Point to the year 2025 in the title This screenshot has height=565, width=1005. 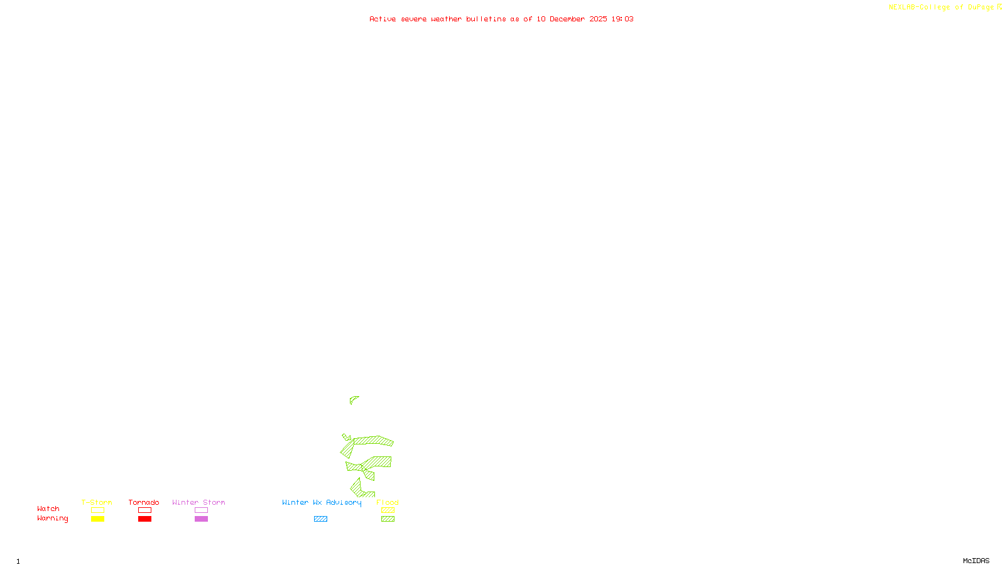pos(598,19)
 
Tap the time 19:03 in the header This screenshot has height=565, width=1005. pos(622,19)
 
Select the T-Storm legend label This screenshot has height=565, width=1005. pos(97,502)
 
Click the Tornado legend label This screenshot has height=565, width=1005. pos(144,502)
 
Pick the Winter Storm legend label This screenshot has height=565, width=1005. pos(198,502)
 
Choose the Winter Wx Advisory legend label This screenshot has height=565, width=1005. pos(322,502)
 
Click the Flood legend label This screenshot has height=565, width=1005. pos(388,502)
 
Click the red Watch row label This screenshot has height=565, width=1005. pos(48,508)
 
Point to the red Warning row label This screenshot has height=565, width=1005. pos(52,519)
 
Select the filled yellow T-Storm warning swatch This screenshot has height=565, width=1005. pos(97,519)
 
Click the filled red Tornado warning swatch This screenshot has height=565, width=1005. pos(145,519)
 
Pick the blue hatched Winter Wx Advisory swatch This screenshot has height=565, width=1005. pos(320,519)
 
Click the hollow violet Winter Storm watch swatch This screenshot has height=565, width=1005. pos(201,510)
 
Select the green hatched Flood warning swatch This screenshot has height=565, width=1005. pos(388,519)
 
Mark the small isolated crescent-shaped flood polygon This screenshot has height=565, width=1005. pos(353,399)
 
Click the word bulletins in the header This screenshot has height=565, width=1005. pos(486,19)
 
